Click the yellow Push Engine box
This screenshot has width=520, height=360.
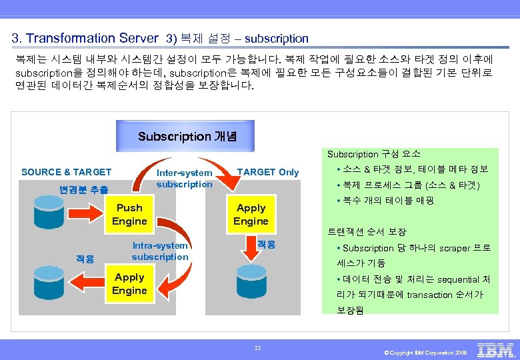click(x=129, y=215)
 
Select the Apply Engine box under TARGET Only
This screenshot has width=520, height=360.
click(x=251, y=215)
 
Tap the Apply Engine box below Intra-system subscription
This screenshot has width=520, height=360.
click(x=129, y=284)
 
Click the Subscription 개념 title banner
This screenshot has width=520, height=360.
click(x=185, y=136)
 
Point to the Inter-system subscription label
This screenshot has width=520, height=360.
click(x=184, y=179)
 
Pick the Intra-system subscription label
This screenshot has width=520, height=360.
click(x=160, y=251)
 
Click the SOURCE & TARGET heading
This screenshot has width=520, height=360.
click(x=67, y=172)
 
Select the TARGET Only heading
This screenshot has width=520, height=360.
click(x=268, y=172)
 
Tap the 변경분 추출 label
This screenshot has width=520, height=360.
click(x=84, y=189)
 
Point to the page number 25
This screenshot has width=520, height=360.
click(x=257, y=347)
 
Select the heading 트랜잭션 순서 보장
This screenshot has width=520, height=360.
click(x=367, y=232)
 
